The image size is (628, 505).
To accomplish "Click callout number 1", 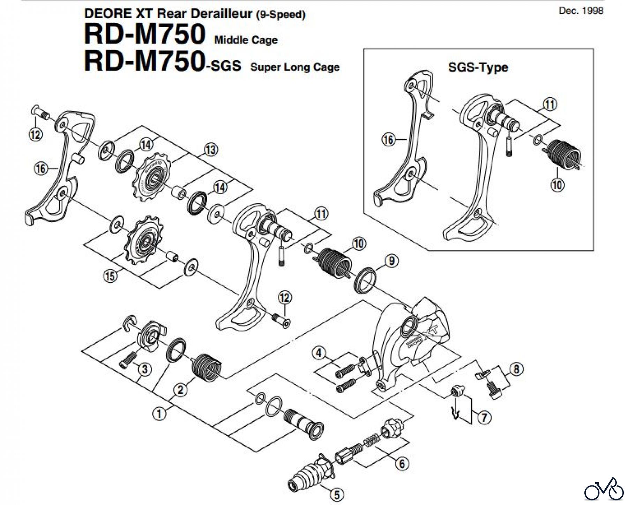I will (159, 414).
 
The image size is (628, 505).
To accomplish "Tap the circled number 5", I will (337, 494).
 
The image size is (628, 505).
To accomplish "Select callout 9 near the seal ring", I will (391, 261).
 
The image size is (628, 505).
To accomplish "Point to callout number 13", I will (210, 149).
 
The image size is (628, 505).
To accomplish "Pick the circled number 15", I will (110, 276).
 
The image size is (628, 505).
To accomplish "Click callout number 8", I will (516, 369).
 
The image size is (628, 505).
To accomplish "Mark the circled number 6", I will (402, 463).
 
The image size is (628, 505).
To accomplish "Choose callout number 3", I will (145, 369).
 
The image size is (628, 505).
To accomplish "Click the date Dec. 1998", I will (581, 10).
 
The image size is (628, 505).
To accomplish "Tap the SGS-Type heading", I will (478, 67).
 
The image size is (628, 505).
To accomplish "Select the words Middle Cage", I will (246, 40).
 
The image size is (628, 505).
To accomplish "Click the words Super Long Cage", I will (295, 67).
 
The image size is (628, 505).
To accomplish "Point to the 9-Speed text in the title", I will (281, 15).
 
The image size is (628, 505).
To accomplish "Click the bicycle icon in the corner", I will (604, 489).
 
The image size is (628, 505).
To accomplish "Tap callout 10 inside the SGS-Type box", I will (557, 184).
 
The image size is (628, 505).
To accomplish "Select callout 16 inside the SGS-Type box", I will (388, 140).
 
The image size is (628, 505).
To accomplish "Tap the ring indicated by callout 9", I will (366, 279).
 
